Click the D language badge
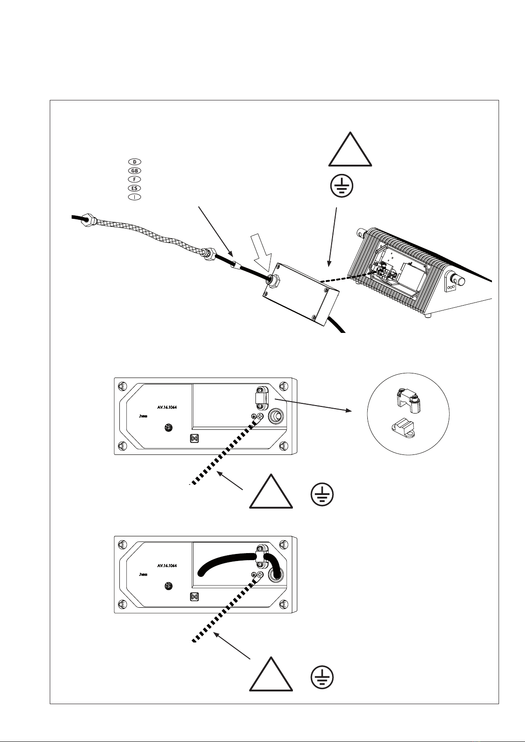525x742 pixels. click(134, 162)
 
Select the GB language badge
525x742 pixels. click(134, 170)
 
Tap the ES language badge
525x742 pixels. click(134, 188)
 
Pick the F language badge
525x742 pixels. click(134, 179)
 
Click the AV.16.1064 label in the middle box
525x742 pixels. click(167, 407)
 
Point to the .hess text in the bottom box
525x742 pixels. click(143, 575)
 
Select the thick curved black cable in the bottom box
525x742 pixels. click(229, 558)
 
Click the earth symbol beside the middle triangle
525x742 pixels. click(322, 494)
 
